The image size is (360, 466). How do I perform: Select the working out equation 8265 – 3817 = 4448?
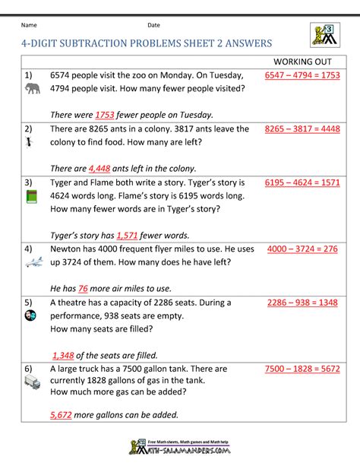coord(302,129)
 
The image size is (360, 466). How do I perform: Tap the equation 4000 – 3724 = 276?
coord(302,249)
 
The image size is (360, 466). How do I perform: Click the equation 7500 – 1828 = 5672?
coord(302,369)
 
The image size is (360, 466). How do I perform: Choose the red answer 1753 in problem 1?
coord(105,115)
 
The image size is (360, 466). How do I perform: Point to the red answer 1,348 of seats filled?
coord(66,354)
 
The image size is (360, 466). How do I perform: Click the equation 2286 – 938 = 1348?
coord(302,303)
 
